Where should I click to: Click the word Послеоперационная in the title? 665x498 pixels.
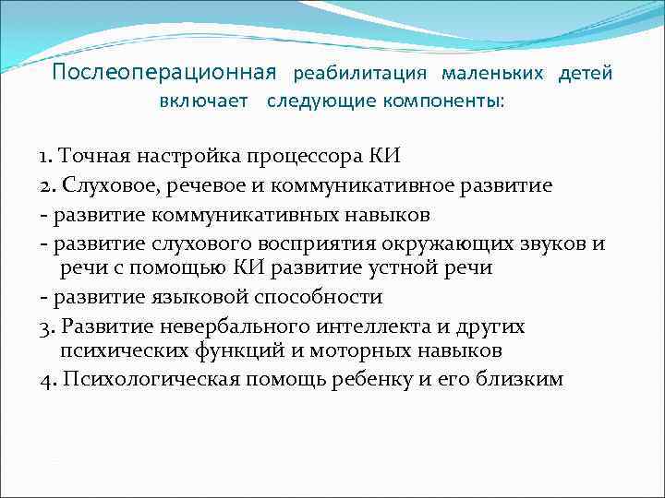click(x=164, y=72)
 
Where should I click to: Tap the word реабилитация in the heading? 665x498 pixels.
click(x=360, y=73)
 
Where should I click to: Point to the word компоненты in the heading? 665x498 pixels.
click(x=445, y=101)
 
